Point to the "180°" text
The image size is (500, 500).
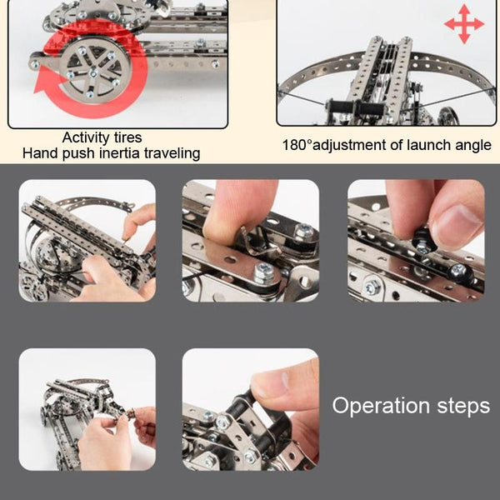(x=296, y=145)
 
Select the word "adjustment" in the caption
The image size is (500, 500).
(x=349, y=145)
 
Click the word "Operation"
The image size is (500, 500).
(x=381, y=407)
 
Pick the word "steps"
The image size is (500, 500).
(x=463, y=407)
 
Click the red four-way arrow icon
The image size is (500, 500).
(x=464, y=24)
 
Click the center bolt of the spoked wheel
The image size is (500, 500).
(x=92, y=73)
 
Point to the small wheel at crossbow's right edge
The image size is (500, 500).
(x=450, y=117)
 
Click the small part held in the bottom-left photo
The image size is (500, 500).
(x=130, y=415)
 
